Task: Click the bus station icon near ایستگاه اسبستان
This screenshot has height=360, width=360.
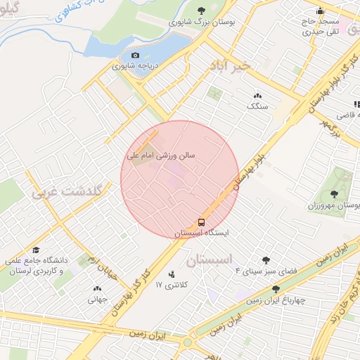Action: tap(202, 220)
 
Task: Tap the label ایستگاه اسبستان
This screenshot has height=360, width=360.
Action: tap(202, 232)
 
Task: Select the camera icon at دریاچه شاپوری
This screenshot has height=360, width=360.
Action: tap(135, 56)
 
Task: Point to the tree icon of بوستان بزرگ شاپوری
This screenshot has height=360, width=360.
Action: tap(202, 11)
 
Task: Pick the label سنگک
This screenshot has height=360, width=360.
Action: tap(257, 106)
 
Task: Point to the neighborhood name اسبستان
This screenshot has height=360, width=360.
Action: tap(210, 260)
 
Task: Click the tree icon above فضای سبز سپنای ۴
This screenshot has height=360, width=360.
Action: tap(265, 260)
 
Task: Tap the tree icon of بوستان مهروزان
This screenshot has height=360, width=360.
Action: tap(334, 195)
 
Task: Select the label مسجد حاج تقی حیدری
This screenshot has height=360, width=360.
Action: tap(321, 27)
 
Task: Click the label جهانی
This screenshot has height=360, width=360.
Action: tap(96, 299)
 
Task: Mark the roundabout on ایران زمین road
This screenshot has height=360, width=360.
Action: tap(188, 342)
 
